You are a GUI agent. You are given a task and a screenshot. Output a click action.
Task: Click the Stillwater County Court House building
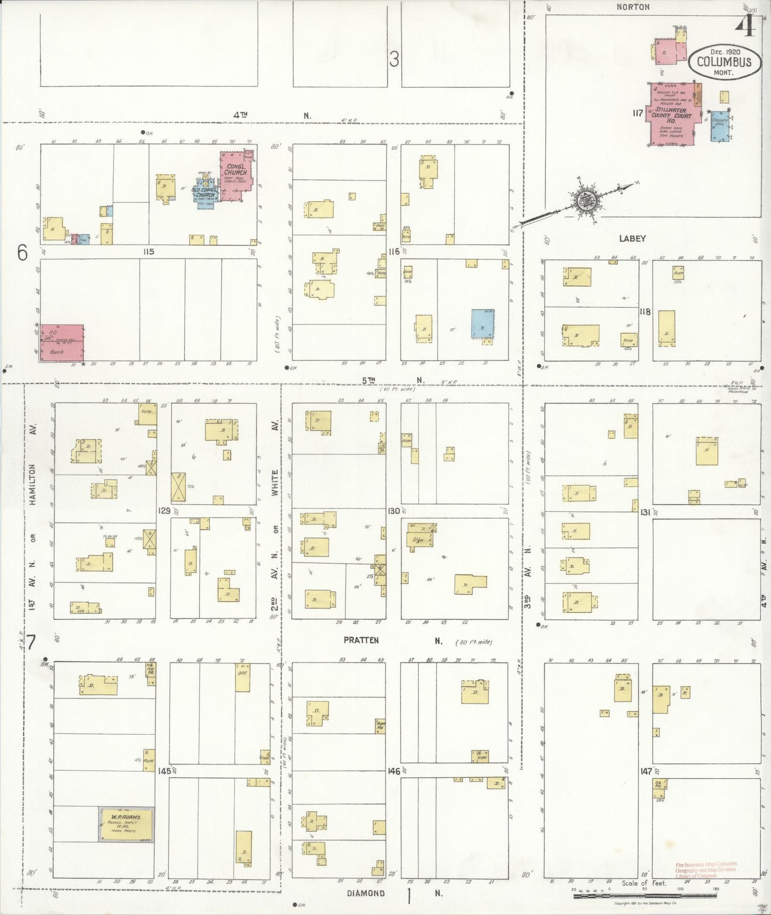tap(671, 114)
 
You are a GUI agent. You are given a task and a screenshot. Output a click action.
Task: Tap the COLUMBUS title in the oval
tap(724, 62)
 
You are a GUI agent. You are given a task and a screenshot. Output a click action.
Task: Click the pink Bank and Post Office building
tap(62, 342)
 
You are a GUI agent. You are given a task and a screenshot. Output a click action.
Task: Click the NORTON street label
tap(633, 7)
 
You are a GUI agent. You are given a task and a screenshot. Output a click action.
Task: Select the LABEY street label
tap(632, 239)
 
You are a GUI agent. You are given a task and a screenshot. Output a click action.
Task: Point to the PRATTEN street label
tap(361, 640)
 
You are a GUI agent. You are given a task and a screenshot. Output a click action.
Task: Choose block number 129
tap(164, 511)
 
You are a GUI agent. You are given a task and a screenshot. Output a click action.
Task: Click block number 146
tap(394, 771)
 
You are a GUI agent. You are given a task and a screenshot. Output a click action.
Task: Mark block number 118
tap(645, 311)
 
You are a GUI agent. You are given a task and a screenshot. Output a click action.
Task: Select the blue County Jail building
tap(719, 126)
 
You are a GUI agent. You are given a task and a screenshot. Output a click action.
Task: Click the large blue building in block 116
tap(482, 324)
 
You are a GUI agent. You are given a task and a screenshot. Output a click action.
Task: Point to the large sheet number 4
tap(745, 26)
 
